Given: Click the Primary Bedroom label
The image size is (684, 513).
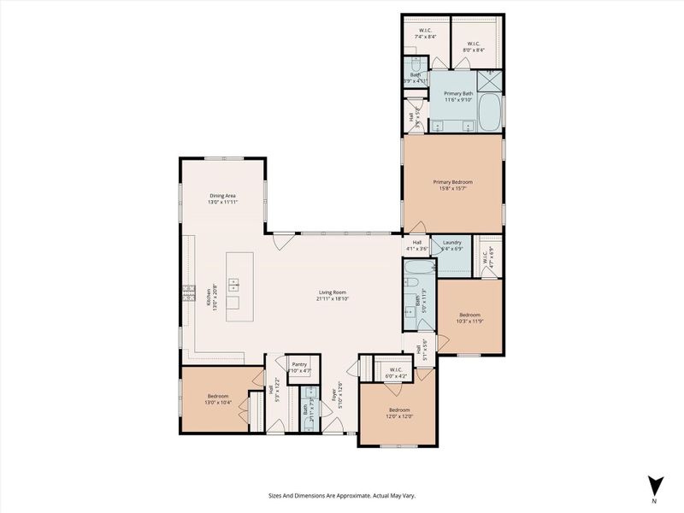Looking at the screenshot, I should coord(452,181).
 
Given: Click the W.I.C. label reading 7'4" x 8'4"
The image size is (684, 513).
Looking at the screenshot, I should coord(425,33).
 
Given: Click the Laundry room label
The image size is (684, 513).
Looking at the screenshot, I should coord(451,243).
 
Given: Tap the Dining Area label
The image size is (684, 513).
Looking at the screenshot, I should coord(223,196).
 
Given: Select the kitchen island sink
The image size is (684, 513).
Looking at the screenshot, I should coord(233,286).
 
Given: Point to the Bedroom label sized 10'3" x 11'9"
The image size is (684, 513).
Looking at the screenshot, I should coord(468,314).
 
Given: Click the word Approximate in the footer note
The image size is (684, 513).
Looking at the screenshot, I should coord(339,495).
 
